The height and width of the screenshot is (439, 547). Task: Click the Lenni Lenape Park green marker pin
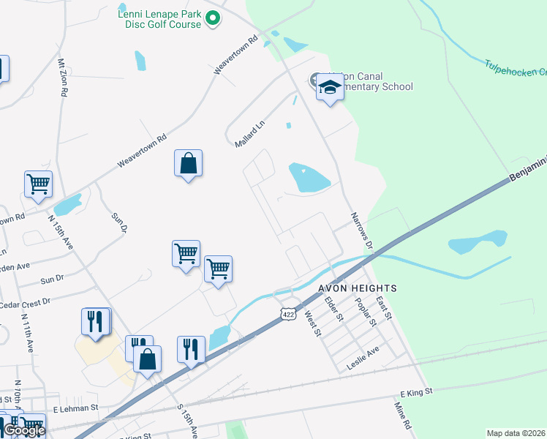pyautogui.click(x=213, y=18)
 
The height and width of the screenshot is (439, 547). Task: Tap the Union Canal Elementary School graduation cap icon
pyautogui.click(x=330, y=89)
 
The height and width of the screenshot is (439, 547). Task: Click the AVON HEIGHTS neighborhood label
pyautogui.click(x=357, y=288)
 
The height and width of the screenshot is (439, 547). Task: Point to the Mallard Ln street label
pyautogui.click(x=249, y=134)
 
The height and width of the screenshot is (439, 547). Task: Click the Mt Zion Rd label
pyautogui.click(x=63, y=77)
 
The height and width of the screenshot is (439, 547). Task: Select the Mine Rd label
pyautogui.click(x=403, y=414)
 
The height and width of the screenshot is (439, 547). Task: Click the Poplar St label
pyautogui.click(x=366, y=310)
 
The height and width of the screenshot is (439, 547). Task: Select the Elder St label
pyautogui.click(x=334, y=308)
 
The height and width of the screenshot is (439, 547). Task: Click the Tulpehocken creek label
pyautogui.click(x=516, y=69)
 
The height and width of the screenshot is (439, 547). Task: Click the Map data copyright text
pyautogui.click(x=516, y=433)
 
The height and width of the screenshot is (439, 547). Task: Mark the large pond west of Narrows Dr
pyautogui.click(x=309, y=177)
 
